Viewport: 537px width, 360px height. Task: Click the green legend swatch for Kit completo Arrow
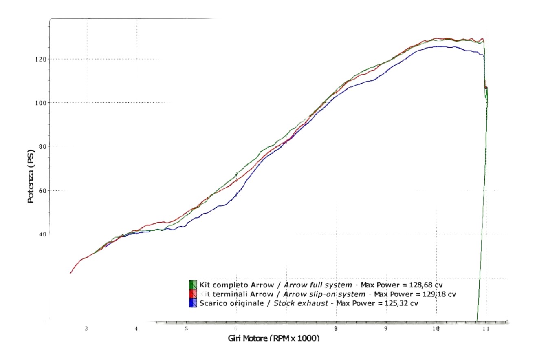click(193, 285)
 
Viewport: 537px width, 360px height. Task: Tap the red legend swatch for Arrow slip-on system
click(193, 294)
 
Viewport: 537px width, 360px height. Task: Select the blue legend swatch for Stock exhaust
click(193, 303)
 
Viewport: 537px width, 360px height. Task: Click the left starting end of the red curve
click(70, 273)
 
